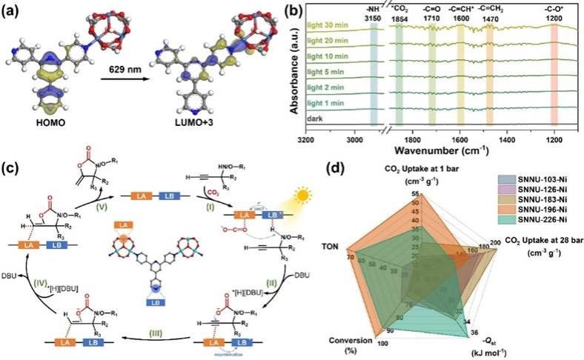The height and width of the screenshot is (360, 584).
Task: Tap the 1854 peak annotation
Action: coord(399,19)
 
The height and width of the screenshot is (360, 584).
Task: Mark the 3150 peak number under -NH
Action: coord(374,19)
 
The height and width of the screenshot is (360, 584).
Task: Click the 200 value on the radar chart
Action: coord(495,242)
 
